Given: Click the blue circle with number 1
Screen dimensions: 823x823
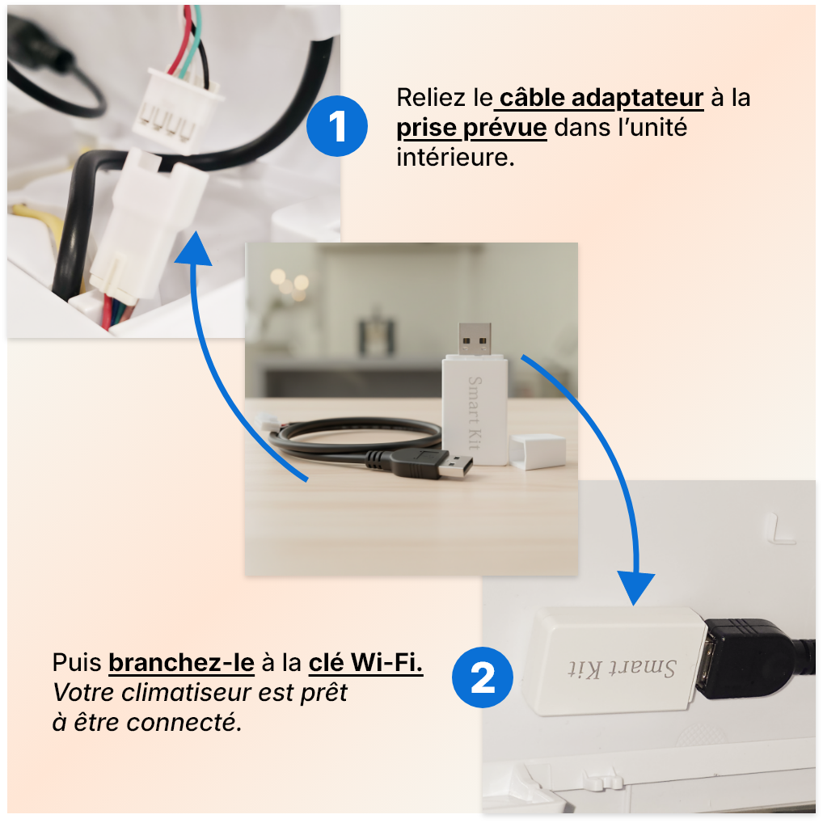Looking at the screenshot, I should coord(337,126).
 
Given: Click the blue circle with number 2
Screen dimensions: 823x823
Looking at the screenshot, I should coord(483,677).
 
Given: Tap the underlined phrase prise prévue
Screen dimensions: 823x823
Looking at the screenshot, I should coord(471,128).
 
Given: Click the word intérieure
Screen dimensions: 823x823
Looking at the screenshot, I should coord(454,157).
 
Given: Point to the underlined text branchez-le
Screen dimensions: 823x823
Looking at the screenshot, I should coord(181,663).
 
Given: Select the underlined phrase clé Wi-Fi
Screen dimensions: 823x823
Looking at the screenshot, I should coord(365,663).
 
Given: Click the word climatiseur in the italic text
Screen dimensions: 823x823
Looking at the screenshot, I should coord(190,693).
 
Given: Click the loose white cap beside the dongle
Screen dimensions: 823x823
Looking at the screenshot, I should coord(537,450).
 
